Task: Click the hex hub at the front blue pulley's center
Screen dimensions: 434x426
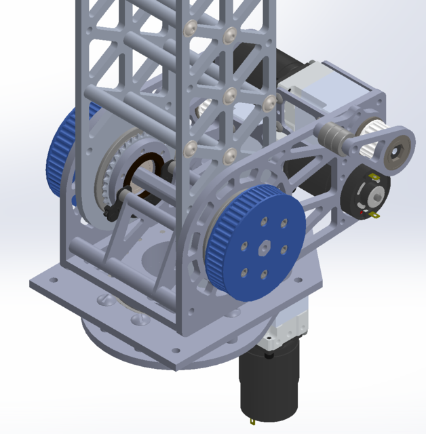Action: coord(263,248)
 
